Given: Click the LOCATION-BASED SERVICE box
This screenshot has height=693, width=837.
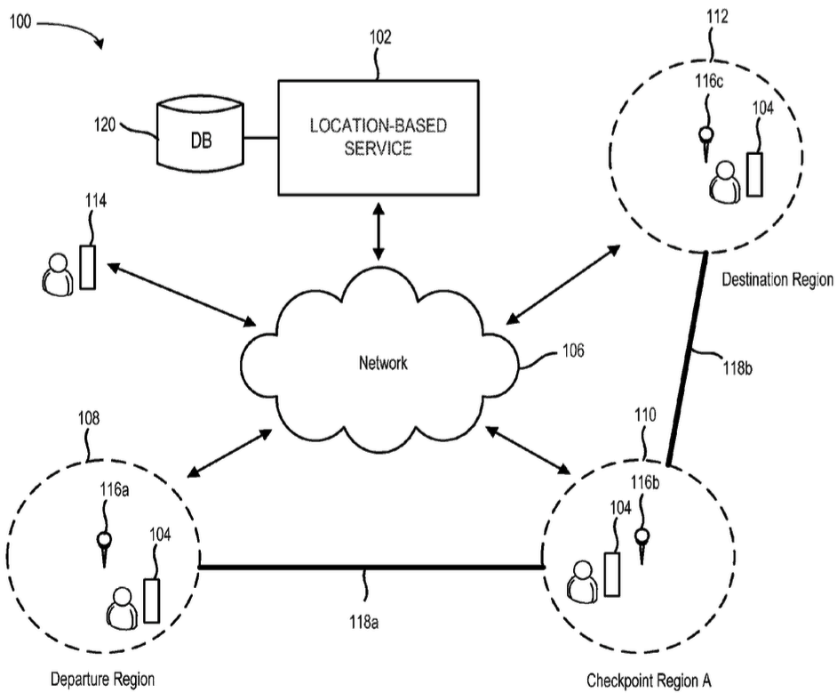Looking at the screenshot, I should coord(379,136).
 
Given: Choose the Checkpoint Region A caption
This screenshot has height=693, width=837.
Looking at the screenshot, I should coord(650,680).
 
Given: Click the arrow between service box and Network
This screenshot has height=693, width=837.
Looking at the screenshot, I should coord(380,230).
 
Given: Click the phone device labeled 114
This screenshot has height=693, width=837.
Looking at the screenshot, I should coord(87,266).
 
